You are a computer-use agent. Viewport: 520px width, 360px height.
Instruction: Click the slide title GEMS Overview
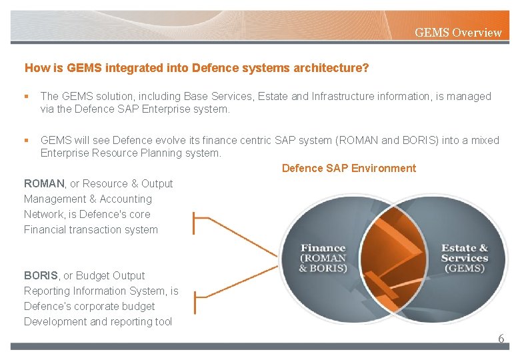tap(458, 32)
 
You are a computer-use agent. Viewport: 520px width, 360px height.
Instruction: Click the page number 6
tap(501, 339)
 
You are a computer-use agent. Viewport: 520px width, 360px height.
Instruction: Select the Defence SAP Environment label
tap(349, 168)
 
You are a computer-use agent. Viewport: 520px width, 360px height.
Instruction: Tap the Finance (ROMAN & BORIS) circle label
tap(323, 258)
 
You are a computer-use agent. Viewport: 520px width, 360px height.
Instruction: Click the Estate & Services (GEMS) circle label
tap(464, 258)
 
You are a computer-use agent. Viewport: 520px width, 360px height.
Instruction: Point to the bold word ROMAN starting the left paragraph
tap(44, 183)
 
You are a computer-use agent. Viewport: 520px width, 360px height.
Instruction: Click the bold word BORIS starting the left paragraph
tap(41, 275)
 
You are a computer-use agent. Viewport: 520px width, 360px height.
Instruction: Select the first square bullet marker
tap(27, 97)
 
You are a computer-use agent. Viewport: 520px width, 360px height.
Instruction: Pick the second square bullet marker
tap(27, 141)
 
